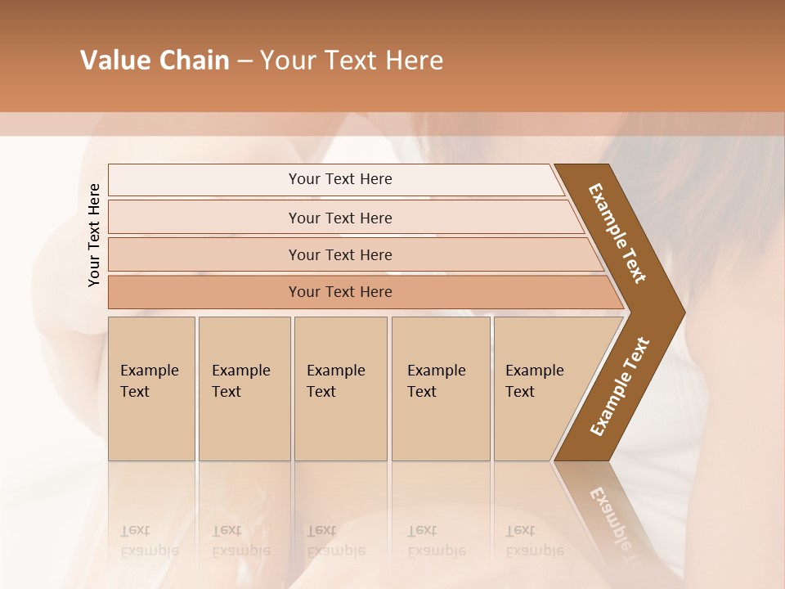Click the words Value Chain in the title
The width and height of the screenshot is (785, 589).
point(155,61)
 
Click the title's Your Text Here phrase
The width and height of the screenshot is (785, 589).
point(352,61)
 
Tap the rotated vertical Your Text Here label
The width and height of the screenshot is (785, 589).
point(94,235)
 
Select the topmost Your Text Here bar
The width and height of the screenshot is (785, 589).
point(340,179)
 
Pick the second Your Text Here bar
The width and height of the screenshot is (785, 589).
point(340,218)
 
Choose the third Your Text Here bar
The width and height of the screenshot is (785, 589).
point(340,254)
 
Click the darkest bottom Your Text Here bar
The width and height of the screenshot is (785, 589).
point(340,292)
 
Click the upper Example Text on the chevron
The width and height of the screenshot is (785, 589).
point(617,233)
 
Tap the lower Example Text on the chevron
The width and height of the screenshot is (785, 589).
point(620,386)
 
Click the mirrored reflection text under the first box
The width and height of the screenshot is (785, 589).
point(150,541)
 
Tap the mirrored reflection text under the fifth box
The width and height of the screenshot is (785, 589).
point(535,541)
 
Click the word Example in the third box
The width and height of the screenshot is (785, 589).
point(336,371)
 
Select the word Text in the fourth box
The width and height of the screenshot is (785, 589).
point(422,392)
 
